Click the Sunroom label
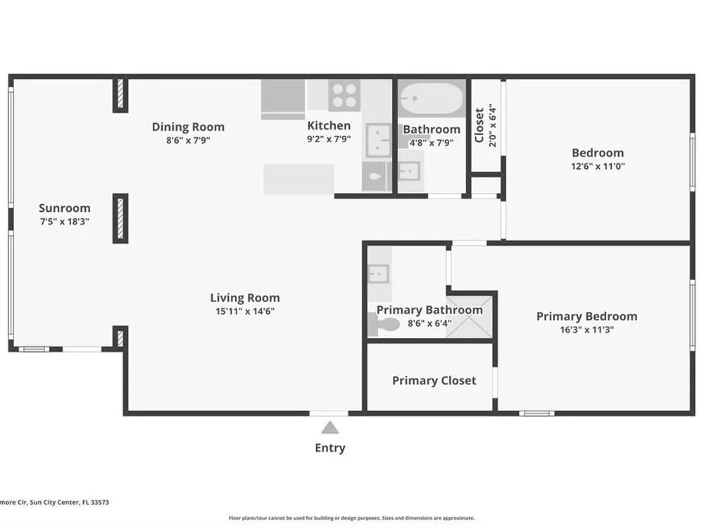click(65, 208)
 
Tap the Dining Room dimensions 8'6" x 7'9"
click(188, 140)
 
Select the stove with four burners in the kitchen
click(344, 96)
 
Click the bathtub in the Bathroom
click(432, 99)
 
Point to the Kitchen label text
click(329, 125)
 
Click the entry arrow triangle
click(330, 427)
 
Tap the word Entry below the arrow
click(330, 448)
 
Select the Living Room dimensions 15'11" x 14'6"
click(245, 311)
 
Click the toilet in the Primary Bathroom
click(384, 324)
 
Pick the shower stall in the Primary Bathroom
click(469, 317)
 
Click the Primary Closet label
click(434, 381)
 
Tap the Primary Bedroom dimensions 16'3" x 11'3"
click(587, 329)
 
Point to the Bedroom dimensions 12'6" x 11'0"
click(598, 166)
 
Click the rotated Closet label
click(479, 125)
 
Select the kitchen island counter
click(298, 180)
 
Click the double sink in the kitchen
click(378, 141)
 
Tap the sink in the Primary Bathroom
click(379, 274)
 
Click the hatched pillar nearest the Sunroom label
click(120, 218)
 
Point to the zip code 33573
click(100, 503)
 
